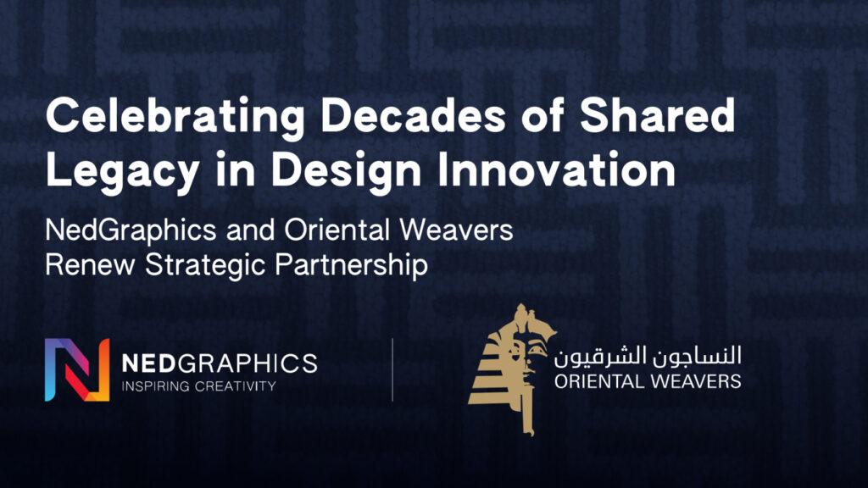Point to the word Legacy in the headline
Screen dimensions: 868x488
122,170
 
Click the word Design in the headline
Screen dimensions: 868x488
346,170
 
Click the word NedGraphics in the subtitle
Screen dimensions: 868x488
131,230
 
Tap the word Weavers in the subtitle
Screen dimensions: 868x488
456,229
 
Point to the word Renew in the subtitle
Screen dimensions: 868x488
90,264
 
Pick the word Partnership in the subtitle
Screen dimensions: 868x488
351,265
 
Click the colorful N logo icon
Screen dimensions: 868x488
77,369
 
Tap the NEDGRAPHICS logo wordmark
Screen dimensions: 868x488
220,363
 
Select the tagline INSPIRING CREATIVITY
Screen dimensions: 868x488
198,386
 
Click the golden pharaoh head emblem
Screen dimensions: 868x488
512,369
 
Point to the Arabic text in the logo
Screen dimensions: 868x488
648,357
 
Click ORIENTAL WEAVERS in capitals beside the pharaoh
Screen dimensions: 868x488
648,381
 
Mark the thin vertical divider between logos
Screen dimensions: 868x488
392,369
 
